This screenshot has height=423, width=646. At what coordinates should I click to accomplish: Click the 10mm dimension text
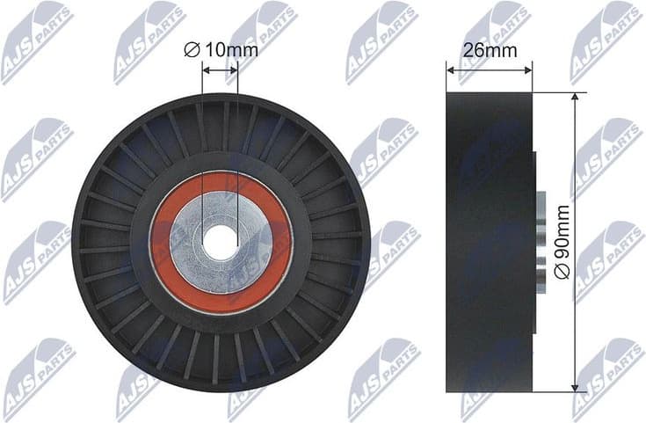coord(231,50)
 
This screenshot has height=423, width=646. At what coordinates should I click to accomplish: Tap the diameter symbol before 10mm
coord(192,50)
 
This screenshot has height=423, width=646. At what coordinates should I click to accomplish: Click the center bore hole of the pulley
coord(220,242)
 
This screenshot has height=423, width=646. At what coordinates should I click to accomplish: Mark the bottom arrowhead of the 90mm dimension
coord(576,387)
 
